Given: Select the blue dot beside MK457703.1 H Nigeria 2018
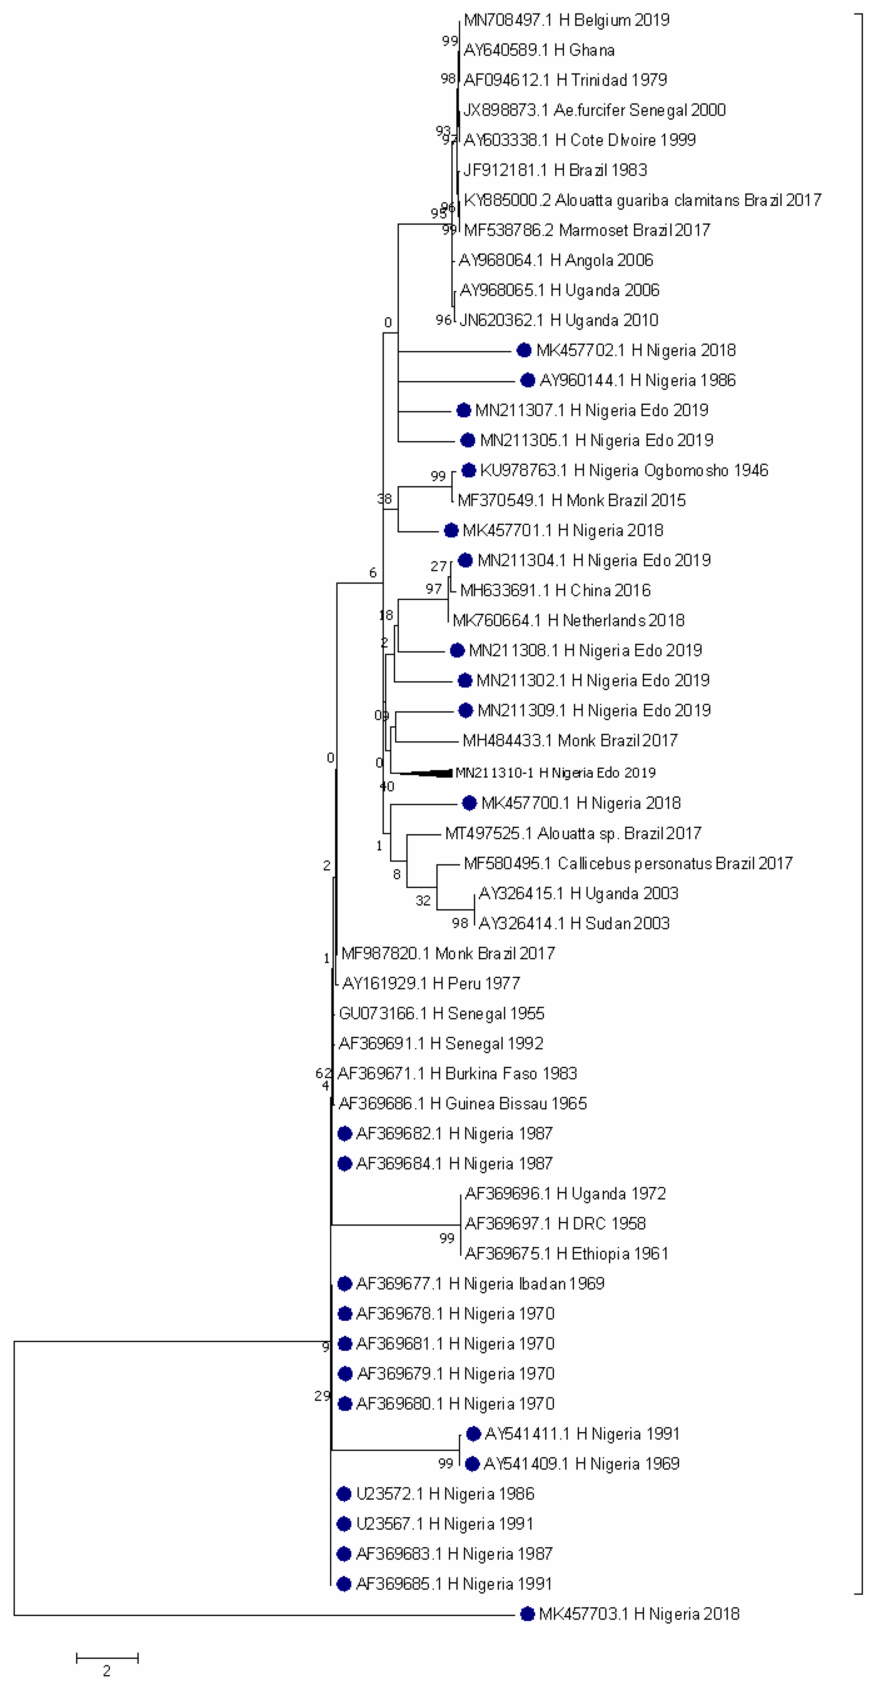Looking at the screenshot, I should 527,1614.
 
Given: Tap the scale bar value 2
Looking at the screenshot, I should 107,1671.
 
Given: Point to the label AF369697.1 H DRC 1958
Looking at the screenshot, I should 555,1224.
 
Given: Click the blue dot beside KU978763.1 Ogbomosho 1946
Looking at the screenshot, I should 468,470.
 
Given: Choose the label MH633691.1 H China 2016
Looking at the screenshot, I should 555,590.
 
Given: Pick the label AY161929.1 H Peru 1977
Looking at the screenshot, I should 431,983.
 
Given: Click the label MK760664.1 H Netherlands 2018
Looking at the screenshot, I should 569,620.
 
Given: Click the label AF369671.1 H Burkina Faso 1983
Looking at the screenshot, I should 457,1074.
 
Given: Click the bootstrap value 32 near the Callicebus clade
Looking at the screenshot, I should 423,901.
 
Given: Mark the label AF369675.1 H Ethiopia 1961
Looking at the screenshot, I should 567,1254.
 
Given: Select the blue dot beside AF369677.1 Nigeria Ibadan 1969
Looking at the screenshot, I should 345,1284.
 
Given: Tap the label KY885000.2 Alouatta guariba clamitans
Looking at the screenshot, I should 642,200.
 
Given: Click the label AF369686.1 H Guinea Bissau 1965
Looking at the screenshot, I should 462,1103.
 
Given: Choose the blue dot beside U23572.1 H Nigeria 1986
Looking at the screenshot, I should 344,1494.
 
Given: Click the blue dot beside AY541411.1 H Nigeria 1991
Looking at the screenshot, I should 474,1434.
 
